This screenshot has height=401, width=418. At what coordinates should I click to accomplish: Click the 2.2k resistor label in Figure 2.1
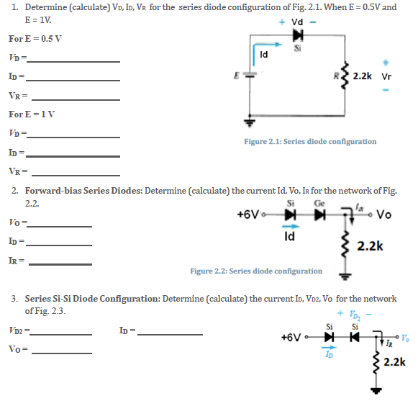click(364, 76)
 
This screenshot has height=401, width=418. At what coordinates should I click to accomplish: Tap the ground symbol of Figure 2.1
click(252, 122)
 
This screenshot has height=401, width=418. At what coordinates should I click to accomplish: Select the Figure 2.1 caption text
click(310, 141)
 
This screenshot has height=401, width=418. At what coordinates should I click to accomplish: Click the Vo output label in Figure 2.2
click(383, 215)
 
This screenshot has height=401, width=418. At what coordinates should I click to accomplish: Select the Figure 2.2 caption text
click(256, 271)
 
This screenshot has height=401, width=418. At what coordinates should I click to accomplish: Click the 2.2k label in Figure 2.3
click(395, 362)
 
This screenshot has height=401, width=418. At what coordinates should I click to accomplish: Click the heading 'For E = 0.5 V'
click(32, 38)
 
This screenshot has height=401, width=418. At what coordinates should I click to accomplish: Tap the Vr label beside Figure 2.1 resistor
click(386, 76)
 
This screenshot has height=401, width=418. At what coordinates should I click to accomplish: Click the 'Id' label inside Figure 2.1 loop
click(263, 54)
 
